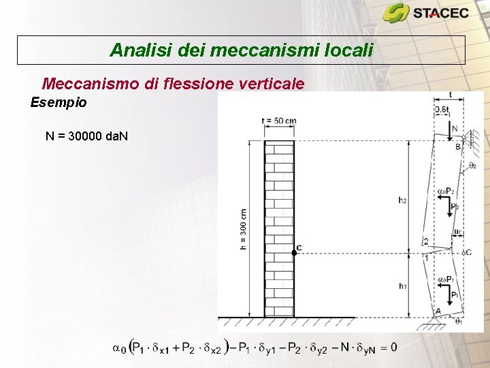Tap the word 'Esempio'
(59, 103)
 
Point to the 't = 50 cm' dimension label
(278, 121)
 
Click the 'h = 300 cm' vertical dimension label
(244, 229)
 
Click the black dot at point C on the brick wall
(294, 252)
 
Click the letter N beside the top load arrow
(454, 129)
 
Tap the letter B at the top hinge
(458, 147)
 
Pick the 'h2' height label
(403, 200)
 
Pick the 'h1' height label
(403, 286)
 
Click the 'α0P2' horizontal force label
(446, 191)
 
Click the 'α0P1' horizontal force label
(446, 279)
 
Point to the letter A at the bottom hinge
(438, 311)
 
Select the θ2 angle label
(472, 166)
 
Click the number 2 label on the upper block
(425, 242)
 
